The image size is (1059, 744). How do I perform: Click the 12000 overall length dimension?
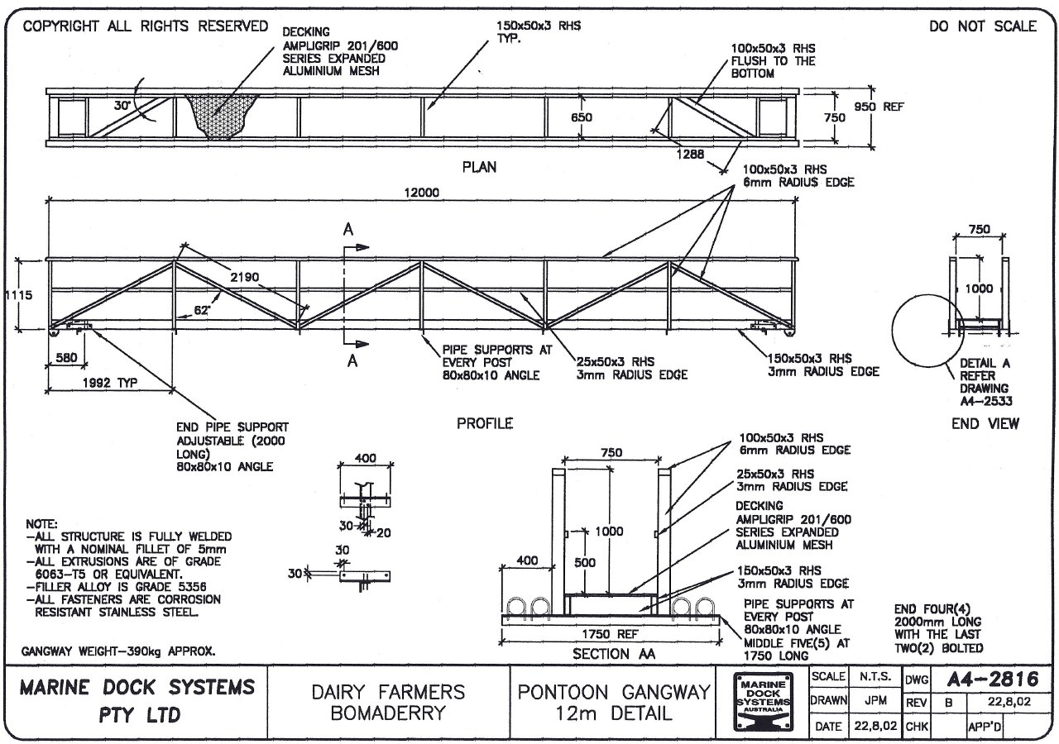coord(422,193)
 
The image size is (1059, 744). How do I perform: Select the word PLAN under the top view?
coord(479,167)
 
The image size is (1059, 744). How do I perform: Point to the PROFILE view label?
coord(485,423)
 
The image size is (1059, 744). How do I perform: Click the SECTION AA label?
coord(611,653)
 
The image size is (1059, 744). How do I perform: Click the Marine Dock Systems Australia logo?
coord(763,701)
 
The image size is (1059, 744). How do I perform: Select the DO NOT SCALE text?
coord(982,26)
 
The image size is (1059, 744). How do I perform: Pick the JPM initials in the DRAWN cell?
coord(875,699)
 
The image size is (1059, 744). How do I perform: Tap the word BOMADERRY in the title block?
coord(388,713)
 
